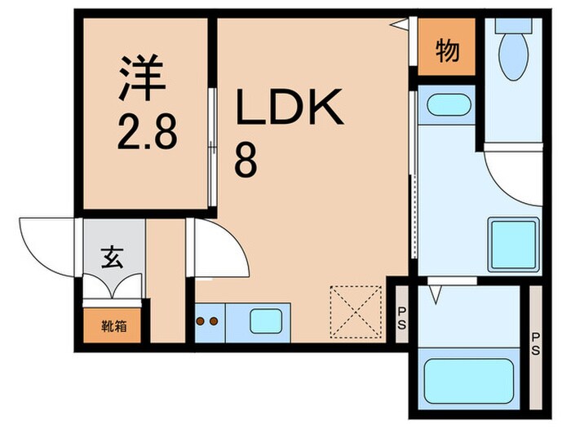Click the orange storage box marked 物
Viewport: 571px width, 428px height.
pos(445,51)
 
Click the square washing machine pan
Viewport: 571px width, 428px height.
pos(513,245)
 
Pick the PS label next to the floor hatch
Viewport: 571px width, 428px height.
pos(402,315)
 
